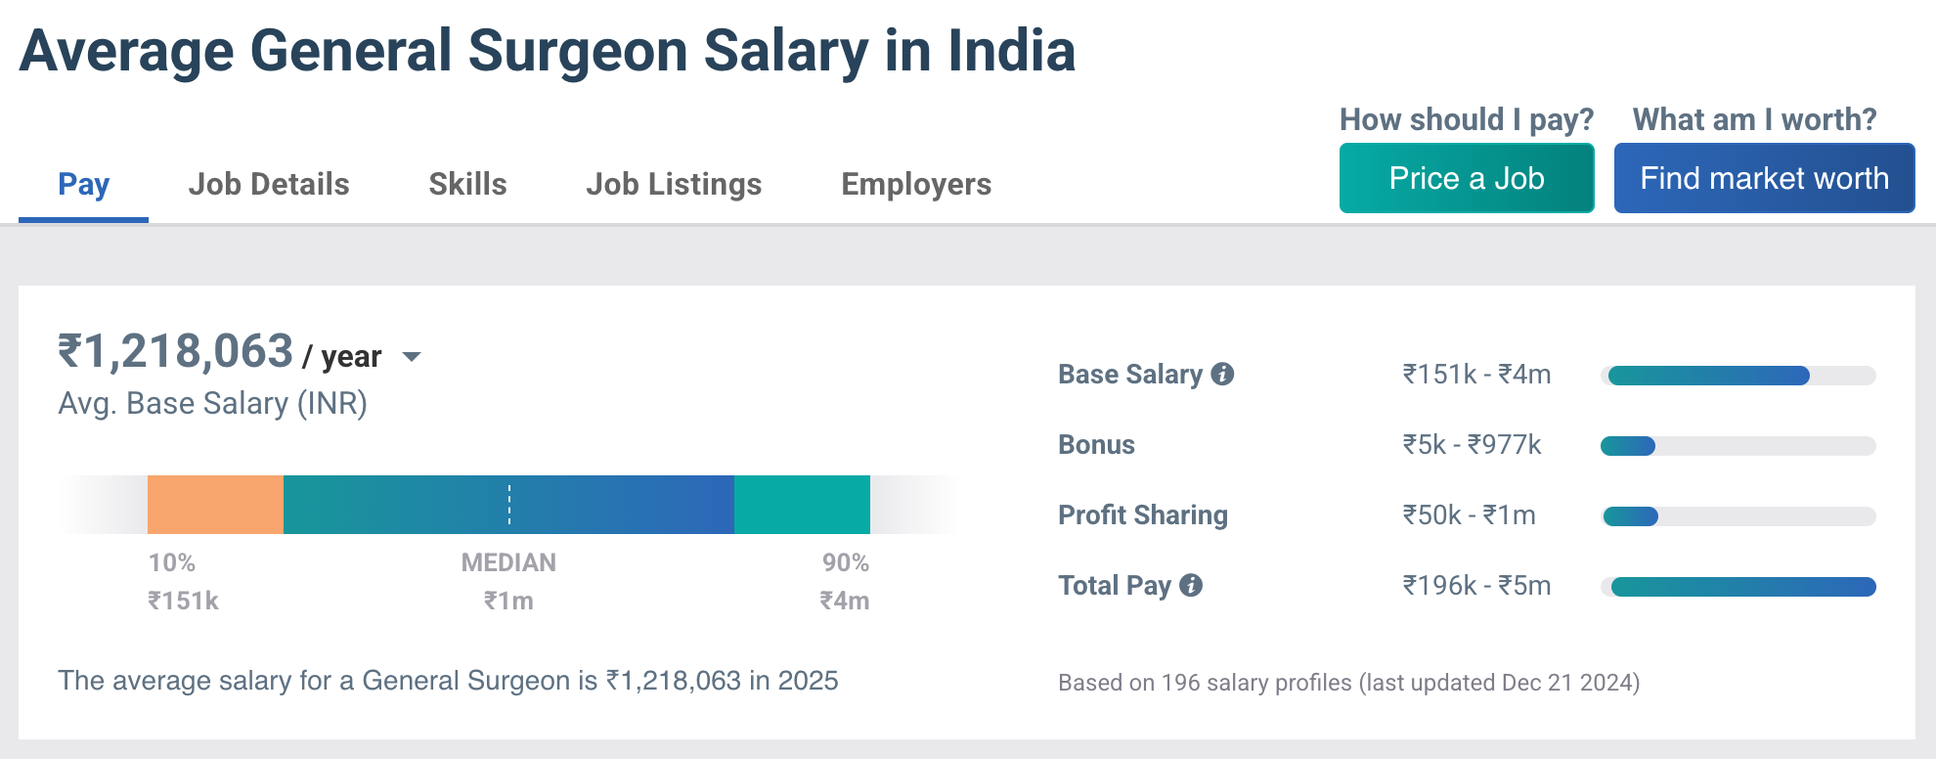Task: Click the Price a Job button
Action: click(x=1466, y=178)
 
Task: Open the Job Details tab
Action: click(x=269, y=184)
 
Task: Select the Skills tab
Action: click(x=467, y=184)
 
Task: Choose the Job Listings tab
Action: click(x=674, y=184)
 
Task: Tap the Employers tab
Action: click(x=916, y=184)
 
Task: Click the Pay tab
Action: click(x=83, y=184)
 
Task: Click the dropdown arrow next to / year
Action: click(x=412, y=357)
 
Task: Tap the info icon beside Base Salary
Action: click(x=1222, y=374)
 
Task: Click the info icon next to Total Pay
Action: click(x=1191, y=585)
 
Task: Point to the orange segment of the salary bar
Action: click(x=215, y=505)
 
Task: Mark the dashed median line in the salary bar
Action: click(x=509, y=505)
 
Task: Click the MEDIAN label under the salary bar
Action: click(x=508, y=562)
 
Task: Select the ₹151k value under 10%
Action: click(x=183, y=601)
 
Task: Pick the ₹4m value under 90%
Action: click(x=844, y=601)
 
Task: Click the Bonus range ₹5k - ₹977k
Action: click(x=1472, y=445)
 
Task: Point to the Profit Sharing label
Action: click(x=1142, y=515)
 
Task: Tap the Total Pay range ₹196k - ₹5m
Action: click(x=1476, y=586)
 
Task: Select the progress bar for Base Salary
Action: click(x=1738, y=376)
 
